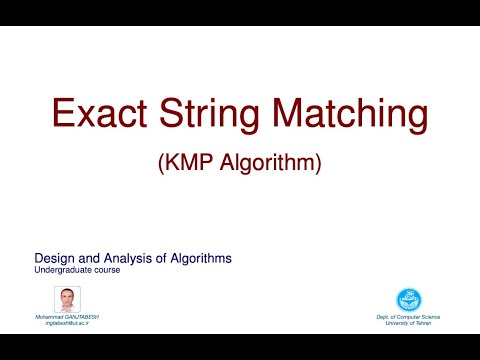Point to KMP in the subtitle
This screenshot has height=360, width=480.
pyautogui.click(x=186, y=162)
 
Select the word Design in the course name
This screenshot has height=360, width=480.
pyautogui.click(x=54, y=258)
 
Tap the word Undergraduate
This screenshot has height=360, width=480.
pyautogui.click(x=65, y=270)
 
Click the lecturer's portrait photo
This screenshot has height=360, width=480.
pyautogui.click(x=66, y=299)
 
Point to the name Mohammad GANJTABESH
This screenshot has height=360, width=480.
pyautogui.click(x=68, y=316)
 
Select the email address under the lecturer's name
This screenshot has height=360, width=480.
pyautogui.click(x=68, y=323)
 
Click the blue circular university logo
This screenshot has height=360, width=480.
pyautogui.click(x=410, y=299)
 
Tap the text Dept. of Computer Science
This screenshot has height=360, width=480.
pyautogui.click(x=408, y=316)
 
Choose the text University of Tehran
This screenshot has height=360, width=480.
pyautogui.click(x=408, y=323)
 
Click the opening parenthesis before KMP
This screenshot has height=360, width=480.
pyautogui.click(x=163, y=163)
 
